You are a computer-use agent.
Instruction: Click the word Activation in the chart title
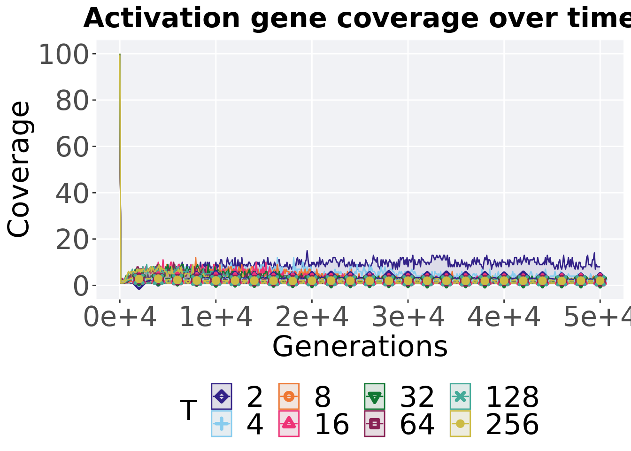(x=162, y=18)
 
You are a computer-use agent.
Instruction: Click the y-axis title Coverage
(x=19, y=169)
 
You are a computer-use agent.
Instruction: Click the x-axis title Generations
(x=360, y=346)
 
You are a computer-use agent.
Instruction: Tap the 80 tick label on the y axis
(x=72, y=101)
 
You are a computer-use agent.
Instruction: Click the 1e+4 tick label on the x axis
(x=216, y=318)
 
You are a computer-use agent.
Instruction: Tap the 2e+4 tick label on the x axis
(x=312, y=318)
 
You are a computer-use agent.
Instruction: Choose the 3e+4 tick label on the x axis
(x=408, y=318)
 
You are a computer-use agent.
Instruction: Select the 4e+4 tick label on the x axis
(x=504, y=318)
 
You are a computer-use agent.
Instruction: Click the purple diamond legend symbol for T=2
(x=222, y=397)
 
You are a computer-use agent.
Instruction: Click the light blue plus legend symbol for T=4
(x=222, y=423)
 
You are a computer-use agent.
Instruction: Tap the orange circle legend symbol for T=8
(x=289, y=397)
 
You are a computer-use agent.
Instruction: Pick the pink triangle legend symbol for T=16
(x=289, y=423)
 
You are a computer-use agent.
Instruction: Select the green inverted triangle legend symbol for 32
(x=374, y=397)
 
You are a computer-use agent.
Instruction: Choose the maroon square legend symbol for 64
(x=374, y=423)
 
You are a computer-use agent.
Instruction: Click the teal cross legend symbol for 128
(x=460, y=397)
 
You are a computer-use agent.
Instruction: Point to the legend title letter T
(x=189, y=410)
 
